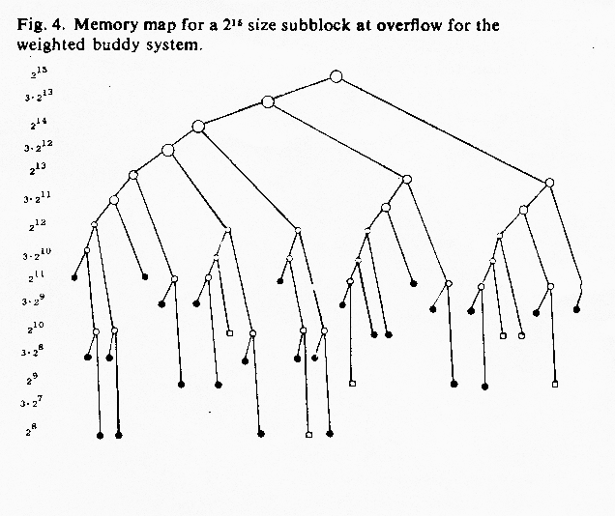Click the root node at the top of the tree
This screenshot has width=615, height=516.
(337, 76)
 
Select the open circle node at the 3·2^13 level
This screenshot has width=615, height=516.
(268, 101)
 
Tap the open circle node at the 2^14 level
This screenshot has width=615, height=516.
(198, 127)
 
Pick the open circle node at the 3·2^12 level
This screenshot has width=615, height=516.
(168, 150)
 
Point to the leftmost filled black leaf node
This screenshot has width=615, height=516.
(74, 277)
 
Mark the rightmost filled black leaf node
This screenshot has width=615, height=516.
(576, 309)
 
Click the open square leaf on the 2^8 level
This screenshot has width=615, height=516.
(309, 435)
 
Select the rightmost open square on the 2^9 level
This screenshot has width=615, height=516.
(555, 385)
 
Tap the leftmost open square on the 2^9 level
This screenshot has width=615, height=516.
(352, 384)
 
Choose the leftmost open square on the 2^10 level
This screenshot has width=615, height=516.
(230, 333)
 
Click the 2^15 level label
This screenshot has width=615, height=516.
(39, 72)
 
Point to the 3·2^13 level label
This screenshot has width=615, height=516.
(39, 96)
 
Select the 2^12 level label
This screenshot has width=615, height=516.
(38, 225)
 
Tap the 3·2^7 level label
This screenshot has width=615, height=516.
(32, 402)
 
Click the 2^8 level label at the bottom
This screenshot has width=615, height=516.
(31, 430)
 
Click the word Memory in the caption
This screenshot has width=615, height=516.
(106, 25)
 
